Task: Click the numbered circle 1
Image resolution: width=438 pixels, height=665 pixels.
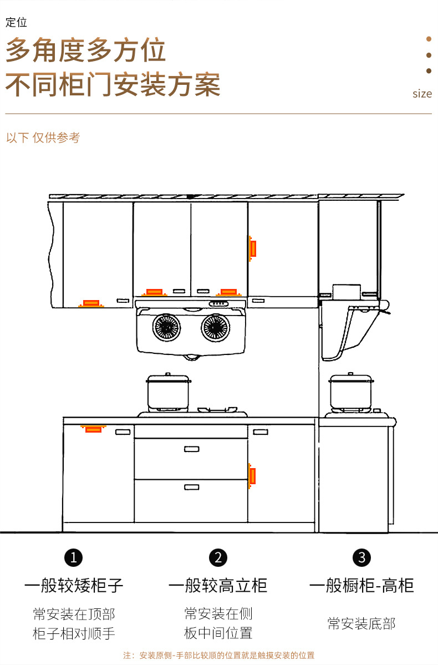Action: pos(74,557)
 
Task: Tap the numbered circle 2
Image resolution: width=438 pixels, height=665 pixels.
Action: pos(218,557)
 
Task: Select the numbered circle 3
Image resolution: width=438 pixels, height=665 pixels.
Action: pos(361,557)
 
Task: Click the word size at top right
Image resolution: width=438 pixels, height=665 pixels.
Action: pos(422,94)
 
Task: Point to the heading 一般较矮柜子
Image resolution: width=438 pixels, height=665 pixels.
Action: pos(74,585)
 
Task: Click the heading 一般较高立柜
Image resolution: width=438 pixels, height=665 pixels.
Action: pos(218,585)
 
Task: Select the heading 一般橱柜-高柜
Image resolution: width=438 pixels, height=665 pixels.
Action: pos(361,585)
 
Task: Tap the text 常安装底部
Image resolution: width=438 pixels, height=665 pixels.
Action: pos(361,623)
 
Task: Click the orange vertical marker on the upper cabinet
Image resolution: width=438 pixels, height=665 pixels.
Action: pos(252,248)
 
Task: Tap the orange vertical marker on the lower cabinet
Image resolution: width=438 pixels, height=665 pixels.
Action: pos(252,475)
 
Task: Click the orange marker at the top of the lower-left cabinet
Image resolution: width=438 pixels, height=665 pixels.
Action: pos(93,428)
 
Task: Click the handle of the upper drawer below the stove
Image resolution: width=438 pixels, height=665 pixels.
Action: pos(191,449)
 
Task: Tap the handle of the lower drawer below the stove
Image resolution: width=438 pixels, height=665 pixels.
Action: pos(191,487)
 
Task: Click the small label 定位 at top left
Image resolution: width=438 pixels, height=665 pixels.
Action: pos(16,23)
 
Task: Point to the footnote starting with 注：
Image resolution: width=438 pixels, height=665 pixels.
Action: pos(218,655)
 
